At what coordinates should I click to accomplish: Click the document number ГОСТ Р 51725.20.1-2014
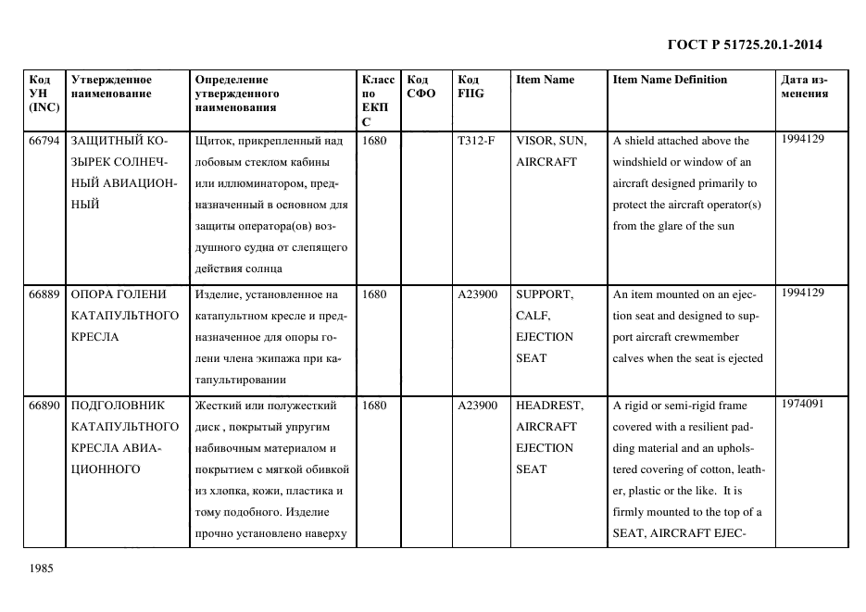pos(745,44)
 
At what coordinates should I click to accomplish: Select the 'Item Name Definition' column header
pos(670,80)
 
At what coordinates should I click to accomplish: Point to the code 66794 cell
pos(44,141)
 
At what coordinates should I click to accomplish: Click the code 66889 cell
pos(44,294)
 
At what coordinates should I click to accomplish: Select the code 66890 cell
pos(44,406)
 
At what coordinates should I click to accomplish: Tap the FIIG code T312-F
pos(476,141)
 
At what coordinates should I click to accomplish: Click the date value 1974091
pos(803,404)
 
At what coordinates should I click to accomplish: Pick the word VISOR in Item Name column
pos(534,141)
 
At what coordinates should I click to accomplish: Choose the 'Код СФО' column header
pos(421,86)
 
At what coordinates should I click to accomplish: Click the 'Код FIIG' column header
pos(471,86)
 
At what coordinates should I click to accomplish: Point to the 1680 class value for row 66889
pos(374,294)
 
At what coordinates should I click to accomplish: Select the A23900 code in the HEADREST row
pos(478,406)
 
